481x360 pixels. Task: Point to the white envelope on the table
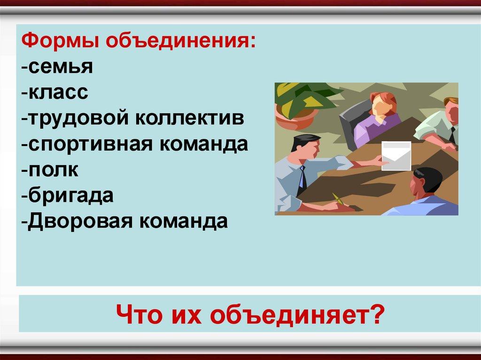pyautogui.click(x=396, y=156)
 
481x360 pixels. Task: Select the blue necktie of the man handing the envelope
pyautogui.click(x=303, y=177)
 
